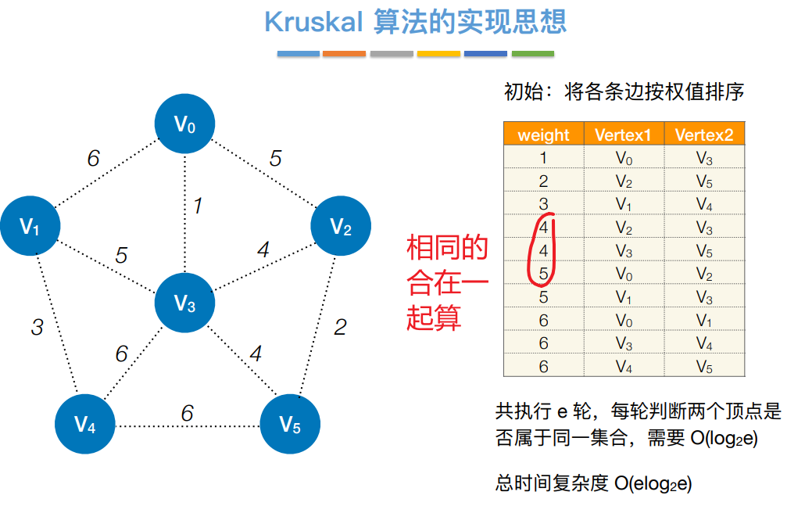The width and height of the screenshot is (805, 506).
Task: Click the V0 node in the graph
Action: coord(184,124)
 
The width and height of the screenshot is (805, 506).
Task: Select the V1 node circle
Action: coord(30,227)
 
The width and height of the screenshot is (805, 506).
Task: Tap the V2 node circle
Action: coord(341,227)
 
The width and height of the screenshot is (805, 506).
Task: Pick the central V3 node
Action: coord(184,303)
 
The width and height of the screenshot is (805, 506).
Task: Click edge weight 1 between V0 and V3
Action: coord(198,206)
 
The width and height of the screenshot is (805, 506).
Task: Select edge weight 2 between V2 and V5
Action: coord(340,327)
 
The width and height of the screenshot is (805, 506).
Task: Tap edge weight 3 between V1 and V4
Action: coord(37,327)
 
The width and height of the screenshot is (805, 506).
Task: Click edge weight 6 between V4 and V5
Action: coord(187,413)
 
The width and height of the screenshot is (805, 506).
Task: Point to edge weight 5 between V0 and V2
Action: coord(275,159)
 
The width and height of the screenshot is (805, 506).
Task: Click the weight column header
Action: coord(543,135)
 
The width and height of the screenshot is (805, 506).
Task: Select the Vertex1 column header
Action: coord(623,135)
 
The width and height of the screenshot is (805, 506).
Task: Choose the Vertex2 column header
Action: coord(704,135)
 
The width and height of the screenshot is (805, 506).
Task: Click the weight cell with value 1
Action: coord(543,159)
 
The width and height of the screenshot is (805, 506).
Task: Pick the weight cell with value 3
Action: coord(543,205)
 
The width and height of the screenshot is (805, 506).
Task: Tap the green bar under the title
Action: coord(532,54)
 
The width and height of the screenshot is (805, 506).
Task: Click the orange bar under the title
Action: coord(344,54)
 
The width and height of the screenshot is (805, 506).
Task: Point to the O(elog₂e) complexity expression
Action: coord(653,483)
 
